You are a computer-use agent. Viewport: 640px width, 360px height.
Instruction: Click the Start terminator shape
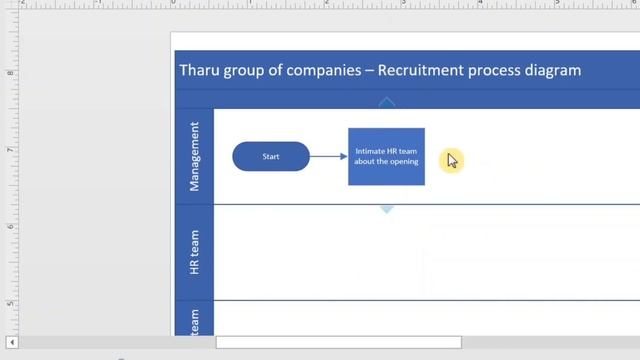click(271, 157)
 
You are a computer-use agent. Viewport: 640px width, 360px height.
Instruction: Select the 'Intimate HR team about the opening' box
click(386, 157)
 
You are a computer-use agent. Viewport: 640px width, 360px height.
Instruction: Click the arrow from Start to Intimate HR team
click(329, 157)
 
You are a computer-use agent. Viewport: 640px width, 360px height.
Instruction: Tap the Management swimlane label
click(194, 157)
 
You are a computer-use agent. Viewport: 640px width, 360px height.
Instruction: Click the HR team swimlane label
click(194, 252)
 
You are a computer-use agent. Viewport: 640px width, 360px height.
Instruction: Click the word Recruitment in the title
click(418, 70)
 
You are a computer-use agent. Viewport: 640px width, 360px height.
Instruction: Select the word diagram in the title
click(549, 70)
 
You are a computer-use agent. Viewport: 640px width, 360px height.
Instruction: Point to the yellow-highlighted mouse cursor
click(451, 159)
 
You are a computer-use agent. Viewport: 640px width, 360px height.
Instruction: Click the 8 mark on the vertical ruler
click(10, 72)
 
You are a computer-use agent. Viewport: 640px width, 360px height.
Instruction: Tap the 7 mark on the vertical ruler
click(10, 149)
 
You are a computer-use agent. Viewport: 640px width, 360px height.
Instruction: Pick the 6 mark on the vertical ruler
click(10, 226)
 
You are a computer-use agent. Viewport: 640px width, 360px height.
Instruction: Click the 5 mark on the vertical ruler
click(10, 303)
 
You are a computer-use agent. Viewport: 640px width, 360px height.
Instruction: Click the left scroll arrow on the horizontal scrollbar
click(12, 343)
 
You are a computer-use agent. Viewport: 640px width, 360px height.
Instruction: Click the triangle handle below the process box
click(386, 209)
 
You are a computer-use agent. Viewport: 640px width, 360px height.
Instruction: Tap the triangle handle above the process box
click(386, 101)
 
